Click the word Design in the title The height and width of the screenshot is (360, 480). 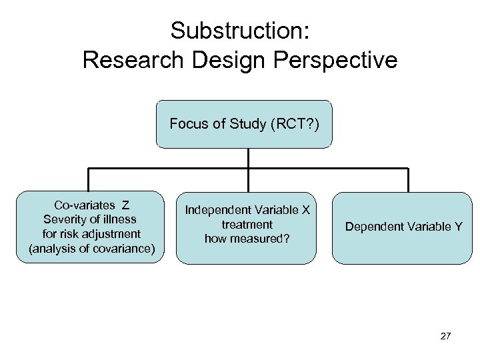click(229, 60)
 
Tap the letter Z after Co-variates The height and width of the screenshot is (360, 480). click(125, 205)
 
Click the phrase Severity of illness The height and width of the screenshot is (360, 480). click(89, 219)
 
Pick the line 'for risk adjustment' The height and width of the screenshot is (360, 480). click(91, 234)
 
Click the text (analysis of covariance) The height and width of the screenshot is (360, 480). click(91, 249)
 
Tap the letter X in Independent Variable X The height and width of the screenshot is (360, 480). click(306, 210)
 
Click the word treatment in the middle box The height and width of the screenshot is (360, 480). click(247, 225)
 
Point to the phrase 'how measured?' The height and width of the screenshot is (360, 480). click(247, 239)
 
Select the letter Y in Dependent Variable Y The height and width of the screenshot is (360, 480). click(458, 227)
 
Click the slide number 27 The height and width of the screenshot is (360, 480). click(445, 336)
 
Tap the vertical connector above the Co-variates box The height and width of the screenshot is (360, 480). click(88, 180)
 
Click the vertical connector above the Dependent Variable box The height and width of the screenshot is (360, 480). click(408, 180)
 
